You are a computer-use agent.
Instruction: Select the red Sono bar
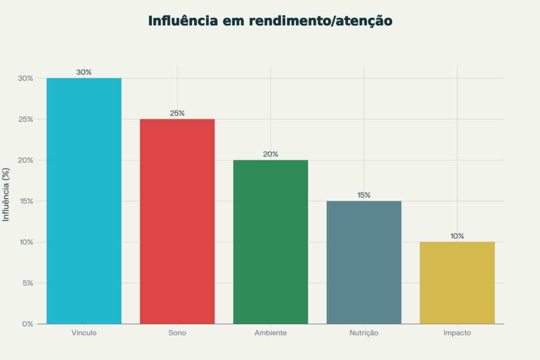point(177,221)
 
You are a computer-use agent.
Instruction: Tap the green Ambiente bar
point(271,241)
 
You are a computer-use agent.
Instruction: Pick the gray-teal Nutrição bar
point(364,262)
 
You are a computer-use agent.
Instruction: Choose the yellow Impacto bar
point(457,283)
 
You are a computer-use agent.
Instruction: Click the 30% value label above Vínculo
point(84,72)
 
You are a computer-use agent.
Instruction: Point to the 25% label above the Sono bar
point(177,113)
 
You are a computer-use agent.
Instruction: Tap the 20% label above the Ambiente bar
point(271,154)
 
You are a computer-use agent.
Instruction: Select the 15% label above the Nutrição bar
point(364,195)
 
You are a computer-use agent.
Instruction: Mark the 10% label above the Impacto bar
point(457,236)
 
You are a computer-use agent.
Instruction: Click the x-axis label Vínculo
point(84,333)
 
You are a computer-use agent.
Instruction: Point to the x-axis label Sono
point(177,333)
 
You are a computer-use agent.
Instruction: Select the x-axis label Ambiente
point(271,333)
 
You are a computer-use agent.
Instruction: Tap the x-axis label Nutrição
point(364,333)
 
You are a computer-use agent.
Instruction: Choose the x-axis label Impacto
point(457,333)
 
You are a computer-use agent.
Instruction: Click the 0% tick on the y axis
point(27,324)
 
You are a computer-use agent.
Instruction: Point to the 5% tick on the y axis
point(27,283)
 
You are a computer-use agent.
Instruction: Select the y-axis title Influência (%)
point(6,195)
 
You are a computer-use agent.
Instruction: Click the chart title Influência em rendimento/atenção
point(270,21)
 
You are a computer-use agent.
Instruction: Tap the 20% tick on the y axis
point(26,160)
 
